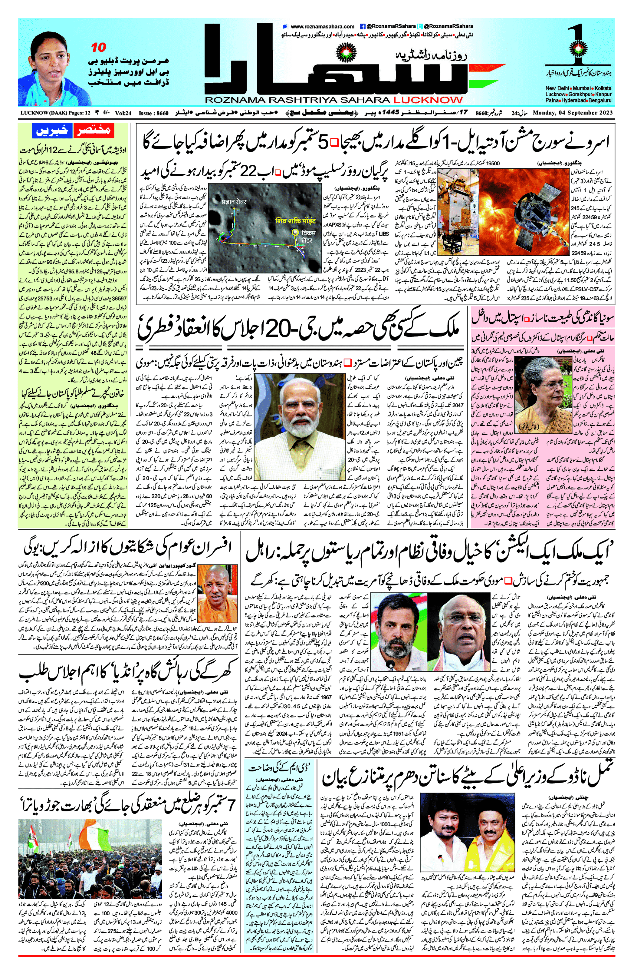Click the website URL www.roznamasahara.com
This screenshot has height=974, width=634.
pos(322,26)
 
